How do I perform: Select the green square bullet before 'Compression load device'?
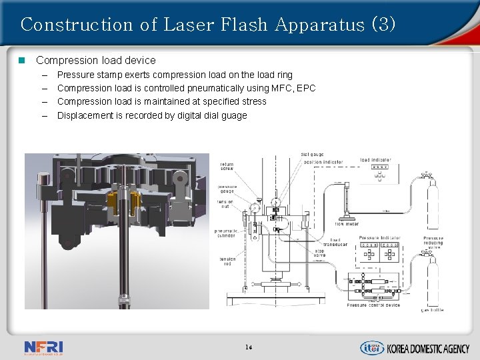pyautogui.click(x=21, y=60)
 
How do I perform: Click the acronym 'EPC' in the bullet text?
pyautogui.click(x=306, y=88)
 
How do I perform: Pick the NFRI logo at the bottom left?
pyautogui.click(x=43, y=347)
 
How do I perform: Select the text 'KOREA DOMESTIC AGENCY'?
pyautogui.click(x=428, y=348)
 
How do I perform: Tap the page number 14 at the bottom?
pyautogui.click(x=248, y=347)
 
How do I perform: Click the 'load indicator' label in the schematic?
pyautogui.click(x=375, y=160)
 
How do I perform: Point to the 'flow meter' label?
pyautogui.click(x=347, y=223)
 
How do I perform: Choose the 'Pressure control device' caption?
pyautogui.click(x=373, y=305)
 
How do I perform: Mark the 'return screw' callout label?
pyautogui.click(x=227, y=166)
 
